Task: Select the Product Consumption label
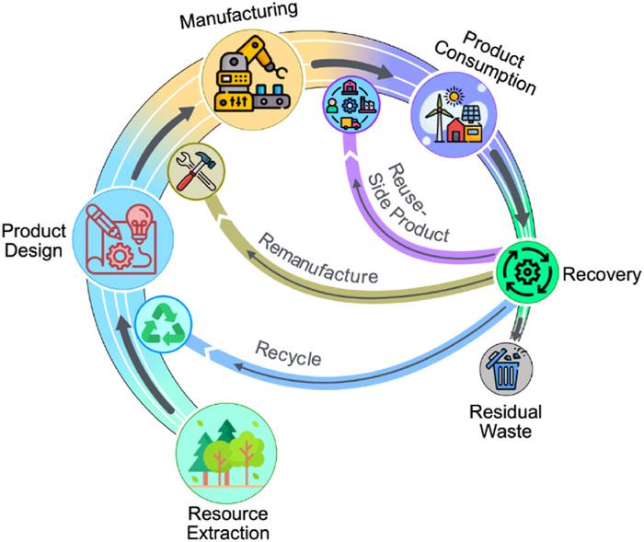498,63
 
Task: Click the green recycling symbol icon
163,326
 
